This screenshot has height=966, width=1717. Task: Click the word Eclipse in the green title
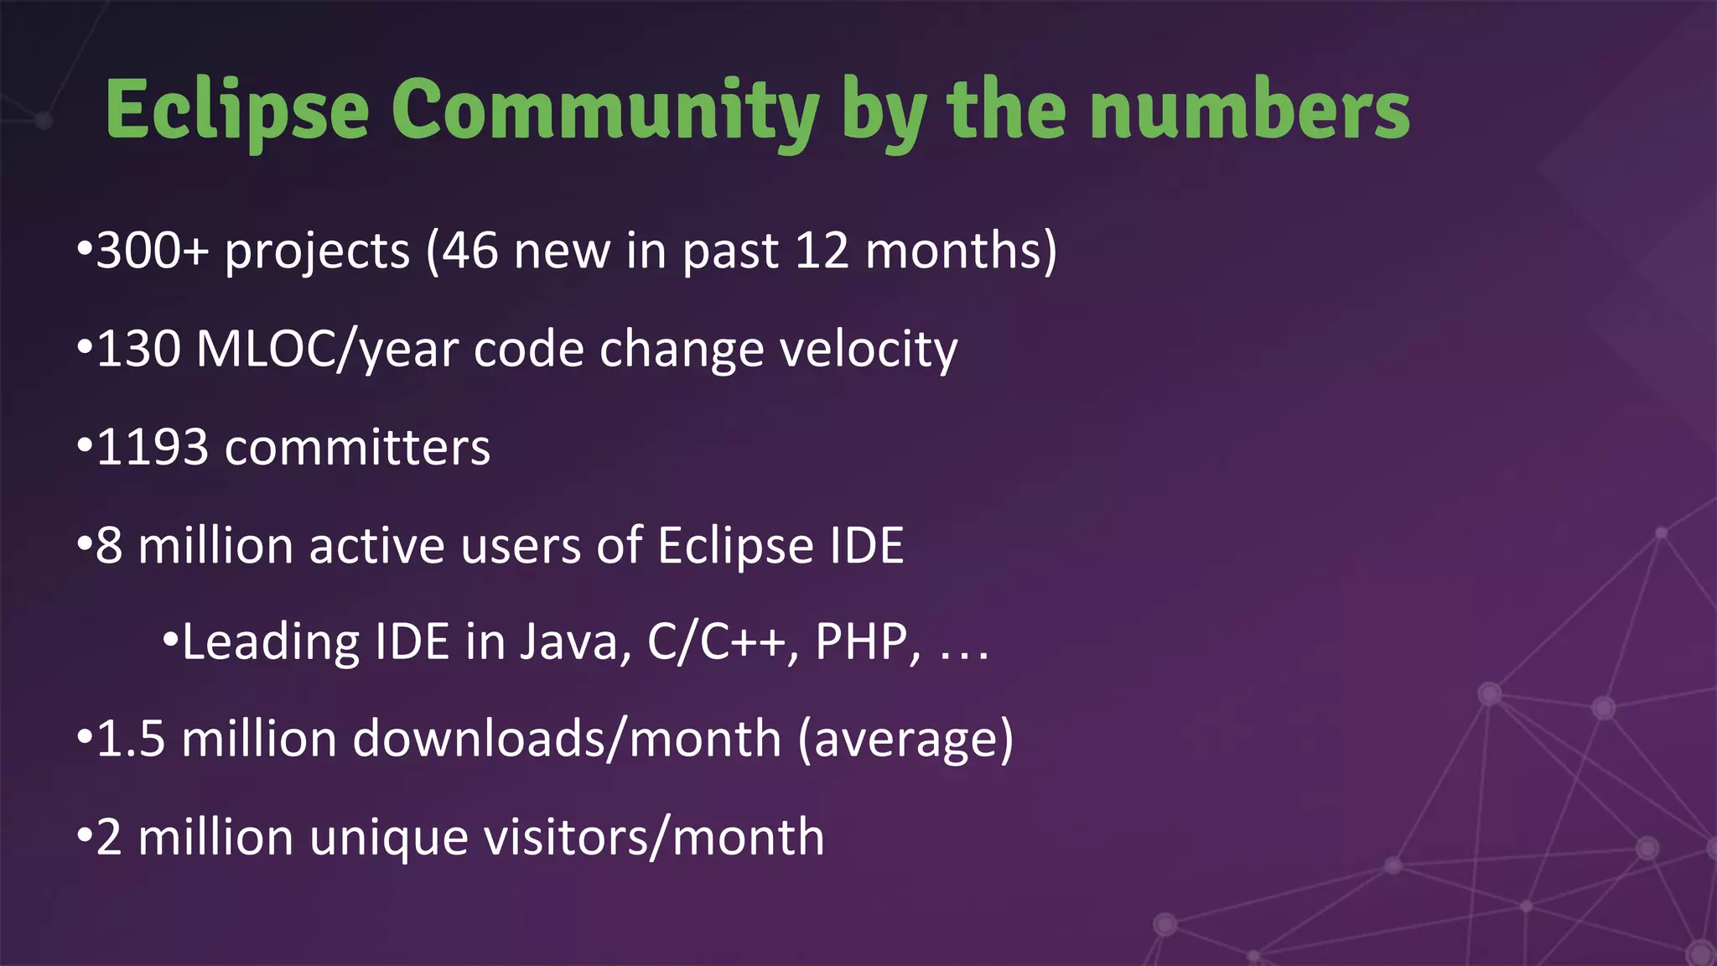tap(237, 112)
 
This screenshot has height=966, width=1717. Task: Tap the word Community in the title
tap(604, 112)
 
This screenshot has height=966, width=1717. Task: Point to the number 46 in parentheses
tap(469, 251)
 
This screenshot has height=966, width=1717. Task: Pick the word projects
tap(317, 252)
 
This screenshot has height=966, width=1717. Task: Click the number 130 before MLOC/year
tap(138, 349)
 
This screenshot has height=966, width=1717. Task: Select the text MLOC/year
tap(327, 351)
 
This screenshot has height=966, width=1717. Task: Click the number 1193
tap(153, 447)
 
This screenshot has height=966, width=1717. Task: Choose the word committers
tap(357, 448)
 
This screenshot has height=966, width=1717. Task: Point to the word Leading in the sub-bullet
tap(270, 643)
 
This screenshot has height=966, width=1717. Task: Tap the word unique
tap(388, 839)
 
